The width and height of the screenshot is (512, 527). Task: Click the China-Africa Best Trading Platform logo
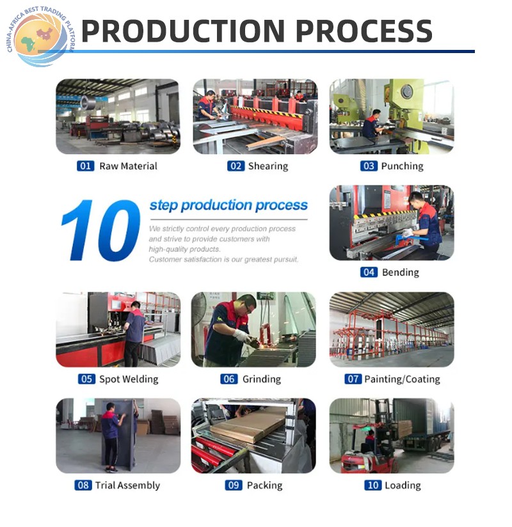pos(40,36)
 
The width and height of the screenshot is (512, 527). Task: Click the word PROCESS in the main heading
pos(364,31)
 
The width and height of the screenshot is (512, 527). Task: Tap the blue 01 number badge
pos(86,166)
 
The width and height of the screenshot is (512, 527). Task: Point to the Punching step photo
pos(392,116)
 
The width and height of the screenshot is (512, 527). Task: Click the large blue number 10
pos(100,230)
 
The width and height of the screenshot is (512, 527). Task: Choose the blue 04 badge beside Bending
pos(369,272)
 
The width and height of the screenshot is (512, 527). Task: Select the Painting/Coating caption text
pos(402,379)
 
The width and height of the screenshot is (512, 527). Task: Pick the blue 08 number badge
pos(83,485)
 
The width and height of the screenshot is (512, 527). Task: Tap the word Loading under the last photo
pos(403,485)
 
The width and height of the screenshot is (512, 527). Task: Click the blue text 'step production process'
pos(228,205)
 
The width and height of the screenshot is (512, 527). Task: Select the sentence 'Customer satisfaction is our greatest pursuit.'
pos(224,260)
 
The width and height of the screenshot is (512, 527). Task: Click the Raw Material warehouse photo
pos(118,116)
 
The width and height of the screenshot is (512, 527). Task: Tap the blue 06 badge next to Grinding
pos(229,379)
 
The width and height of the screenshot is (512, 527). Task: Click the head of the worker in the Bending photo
pos(417,199)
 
